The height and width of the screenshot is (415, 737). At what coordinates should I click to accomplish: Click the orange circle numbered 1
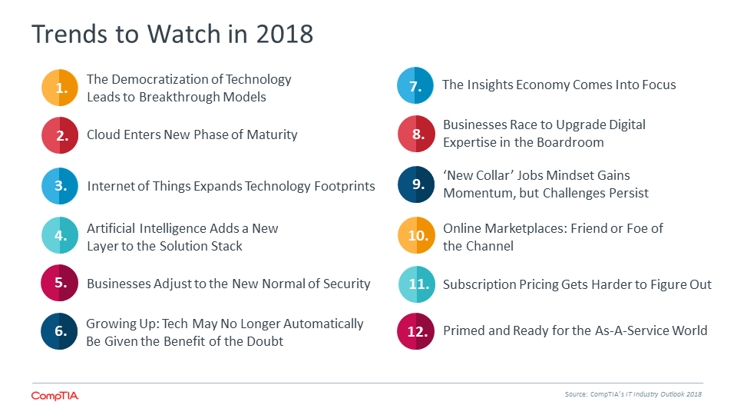tap(60, 88)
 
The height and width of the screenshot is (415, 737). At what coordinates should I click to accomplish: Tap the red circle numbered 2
tap(60, 135)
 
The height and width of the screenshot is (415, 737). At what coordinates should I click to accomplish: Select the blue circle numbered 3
tap(60, 186)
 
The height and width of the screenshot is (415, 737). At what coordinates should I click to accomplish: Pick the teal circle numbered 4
tap(60, 235)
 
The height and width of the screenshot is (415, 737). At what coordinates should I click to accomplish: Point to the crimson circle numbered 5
tap(59, 283)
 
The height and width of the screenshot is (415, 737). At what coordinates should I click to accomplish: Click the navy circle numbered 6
tap(59, 331)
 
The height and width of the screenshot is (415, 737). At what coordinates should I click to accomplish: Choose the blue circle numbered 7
tap(415, 85)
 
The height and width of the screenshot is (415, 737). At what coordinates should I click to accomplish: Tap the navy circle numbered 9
tap(416, 184)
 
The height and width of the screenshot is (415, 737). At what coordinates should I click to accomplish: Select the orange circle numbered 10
tap(416, 235)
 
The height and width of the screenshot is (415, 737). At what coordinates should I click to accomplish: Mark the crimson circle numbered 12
tap(416, 331)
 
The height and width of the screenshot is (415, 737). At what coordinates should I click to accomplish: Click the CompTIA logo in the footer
tap(55, 397)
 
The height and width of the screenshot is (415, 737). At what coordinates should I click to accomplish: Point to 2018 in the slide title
tap(284, 35)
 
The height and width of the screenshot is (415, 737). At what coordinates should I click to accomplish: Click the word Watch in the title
tap(183, 35)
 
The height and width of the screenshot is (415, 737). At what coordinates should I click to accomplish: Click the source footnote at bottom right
tap(633, 394)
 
